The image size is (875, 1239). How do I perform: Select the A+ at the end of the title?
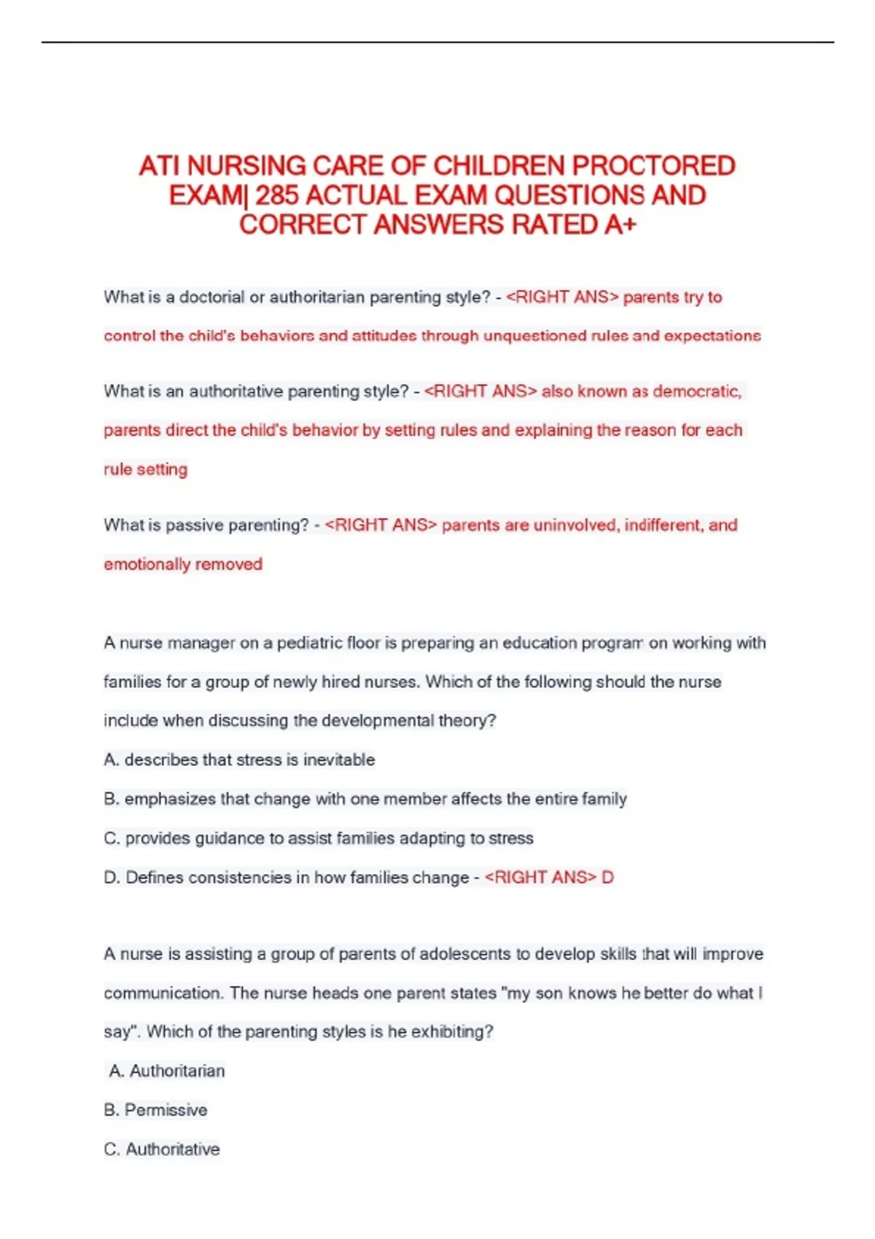point(620,224)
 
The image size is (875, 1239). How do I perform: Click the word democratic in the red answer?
point(696,391)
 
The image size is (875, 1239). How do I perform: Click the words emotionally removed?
point(183,564)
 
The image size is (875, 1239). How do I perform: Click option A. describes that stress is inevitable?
point(240,759)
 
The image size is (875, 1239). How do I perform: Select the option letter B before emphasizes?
point(111,799)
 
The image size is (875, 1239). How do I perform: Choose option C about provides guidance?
point(319,838)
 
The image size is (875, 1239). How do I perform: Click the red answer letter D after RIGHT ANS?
point(607,878)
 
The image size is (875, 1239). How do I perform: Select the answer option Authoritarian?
point(176,1071)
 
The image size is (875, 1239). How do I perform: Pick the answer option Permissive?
point(166,1110)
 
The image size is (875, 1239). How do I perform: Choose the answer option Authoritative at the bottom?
point(172,1149)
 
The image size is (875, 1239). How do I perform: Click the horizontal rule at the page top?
point(437,42)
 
